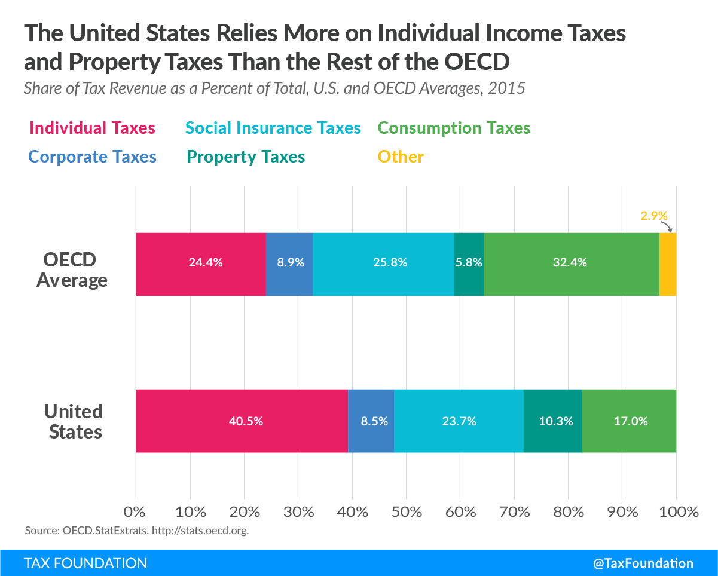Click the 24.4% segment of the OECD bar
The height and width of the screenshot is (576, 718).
201,264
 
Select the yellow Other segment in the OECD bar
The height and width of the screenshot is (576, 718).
668,264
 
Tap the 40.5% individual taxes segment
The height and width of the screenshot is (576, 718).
242,421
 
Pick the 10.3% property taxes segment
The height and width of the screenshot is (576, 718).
552,421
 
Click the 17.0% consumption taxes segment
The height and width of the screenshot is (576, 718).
629,421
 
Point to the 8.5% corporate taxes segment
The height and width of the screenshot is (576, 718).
371,421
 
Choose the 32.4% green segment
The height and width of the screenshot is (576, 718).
572,264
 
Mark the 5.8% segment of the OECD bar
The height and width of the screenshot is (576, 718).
469,264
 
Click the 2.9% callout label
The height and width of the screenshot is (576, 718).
654,216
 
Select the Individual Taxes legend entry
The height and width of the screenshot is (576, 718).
93,128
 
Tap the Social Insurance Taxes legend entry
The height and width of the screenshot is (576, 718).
273,128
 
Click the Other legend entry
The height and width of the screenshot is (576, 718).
401,157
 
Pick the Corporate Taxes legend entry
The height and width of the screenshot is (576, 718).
93,157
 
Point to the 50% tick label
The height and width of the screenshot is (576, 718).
407,512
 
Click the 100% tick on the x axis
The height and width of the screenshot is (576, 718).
679,512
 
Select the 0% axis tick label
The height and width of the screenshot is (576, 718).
135,512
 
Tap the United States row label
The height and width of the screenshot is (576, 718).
74,422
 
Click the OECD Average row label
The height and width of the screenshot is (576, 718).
71,270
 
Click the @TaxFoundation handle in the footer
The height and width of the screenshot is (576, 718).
643,563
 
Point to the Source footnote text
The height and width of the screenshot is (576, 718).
137,531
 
